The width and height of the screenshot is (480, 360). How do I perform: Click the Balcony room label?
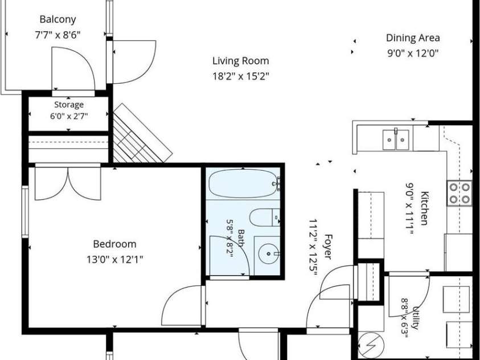click(x=58, y=19)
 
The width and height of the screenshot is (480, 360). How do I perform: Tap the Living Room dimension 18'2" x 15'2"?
click(x=241, y=76)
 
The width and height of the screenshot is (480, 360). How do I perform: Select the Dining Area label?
click(x=413, y=38)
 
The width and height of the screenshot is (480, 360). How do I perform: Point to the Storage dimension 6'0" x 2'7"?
click(x=69, y=116)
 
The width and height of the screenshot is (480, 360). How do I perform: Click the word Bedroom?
click(x=114, y=244)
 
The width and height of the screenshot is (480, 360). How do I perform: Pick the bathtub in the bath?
click(x=243, y=184)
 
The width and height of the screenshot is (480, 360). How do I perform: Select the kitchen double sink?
click(x=396, y=140)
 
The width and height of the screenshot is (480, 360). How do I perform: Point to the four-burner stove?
click(x=459, y=193)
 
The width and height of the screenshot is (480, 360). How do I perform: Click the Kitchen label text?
click(x=424, y=208)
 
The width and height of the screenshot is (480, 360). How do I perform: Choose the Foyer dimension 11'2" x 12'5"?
click(x=313, y=247)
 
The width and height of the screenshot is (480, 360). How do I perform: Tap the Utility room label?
click(x=416, y=317)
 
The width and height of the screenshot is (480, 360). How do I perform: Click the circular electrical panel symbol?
click(x=371, y=345)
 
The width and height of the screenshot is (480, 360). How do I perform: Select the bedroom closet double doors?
click(x=68, y=183)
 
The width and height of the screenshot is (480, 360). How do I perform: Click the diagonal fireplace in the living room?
click(x=141, y=134)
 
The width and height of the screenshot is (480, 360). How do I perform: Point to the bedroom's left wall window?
click(x=25, y=211)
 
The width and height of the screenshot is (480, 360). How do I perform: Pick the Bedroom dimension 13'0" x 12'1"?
click(x=114, y=260)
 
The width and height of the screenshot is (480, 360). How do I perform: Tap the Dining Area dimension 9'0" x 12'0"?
click(x=413, y=54)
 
